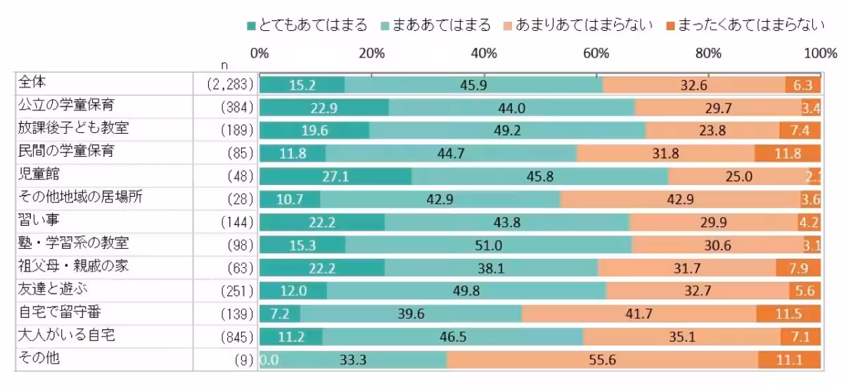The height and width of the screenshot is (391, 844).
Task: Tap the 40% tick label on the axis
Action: (x=484, y=53)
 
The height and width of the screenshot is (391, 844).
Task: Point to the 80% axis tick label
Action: (x=708, y=53)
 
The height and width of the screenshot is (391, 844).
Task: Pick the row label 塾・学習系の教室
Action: (x=74, y=244)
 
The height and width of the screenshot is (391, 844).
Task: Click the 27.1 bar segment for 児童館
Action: (x=335, y=177)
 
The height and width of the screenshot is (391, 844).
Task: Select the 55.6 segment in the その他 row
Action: (x=602, y=360)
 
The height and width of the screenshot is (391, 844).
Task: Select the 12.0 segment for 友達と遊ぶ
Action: (x=293, y=291)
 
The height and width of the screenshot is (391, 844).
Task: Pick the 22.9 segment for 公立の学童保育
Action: (x=324, y=108)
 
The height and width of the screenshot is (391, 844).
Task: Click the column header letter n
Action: (x=224, y=65)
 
